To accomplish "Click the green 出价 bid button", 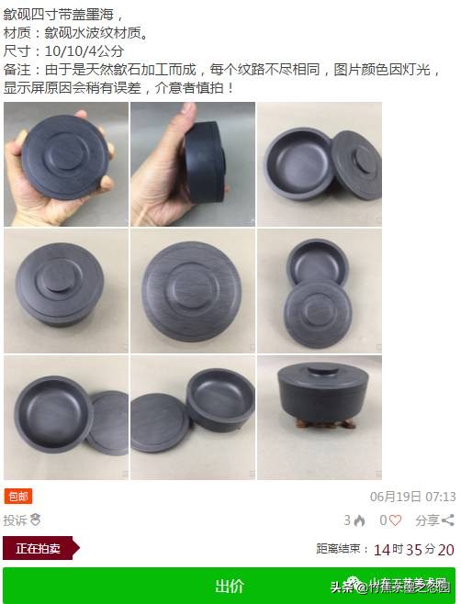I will point(229,586).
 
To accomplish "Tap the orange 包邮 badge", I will point(18,497).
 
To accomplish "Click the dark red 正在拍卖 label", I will point(39,549).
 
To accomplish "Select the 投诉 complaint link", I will point(15,520).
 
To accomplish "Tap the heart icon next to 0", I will point(397,520).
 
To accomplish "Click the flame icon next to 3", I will point(360,520).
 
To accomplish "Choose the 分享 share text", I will point(427,520).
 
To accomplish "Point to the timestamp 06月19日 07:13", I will point(412,497).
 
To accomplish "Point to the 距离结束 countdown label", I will point(340,550).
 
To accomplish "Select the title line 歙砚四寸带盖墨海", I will point(59,14).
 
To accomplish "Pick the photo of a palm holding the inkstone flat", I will point(65,164).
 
